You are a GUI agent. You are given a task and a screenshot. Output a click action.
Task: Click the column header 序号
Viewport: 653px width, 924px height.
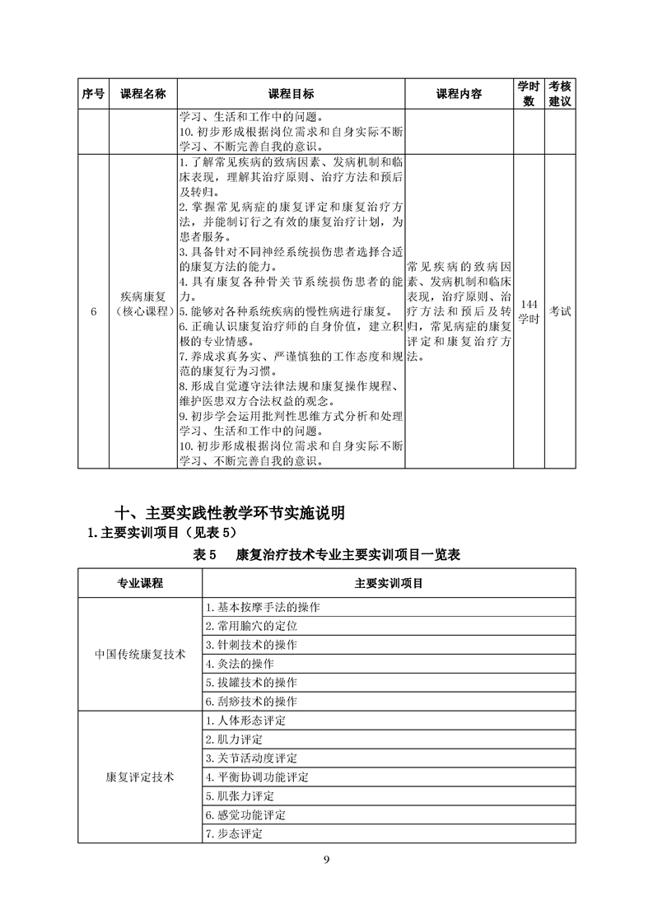point(93,94)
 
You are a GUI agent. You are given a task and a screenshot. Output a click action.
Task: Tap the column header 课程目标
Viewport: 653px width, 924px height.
point(291,94)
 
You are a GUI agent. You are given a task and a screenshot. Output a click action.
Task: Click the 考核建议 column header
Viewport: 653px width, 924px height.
point(561,94)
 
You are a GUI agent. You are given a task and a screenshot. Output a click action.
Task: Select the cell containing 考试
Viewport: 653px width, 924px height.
point(561,311)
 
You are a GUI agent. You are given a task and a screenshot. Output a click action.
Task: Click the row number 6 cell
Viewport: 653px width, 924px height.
point(93,311)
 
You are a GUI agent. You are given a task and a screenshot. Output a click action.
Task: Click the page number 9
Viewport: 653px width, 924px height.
point(326,861)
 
